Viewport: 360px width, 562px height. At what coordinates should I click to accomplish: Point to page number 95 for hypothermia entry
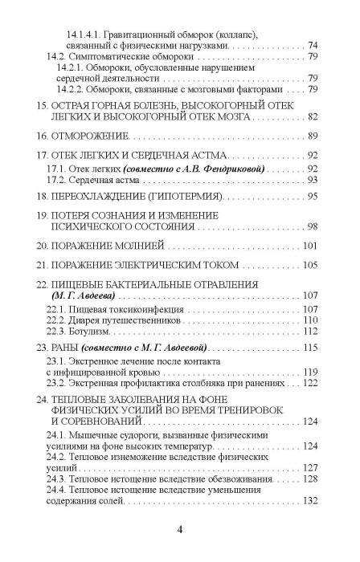coord(313,195)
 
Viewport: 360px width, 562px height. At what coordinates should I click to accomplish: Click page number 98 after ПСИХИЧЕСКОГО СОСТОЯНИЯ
coord(313,228)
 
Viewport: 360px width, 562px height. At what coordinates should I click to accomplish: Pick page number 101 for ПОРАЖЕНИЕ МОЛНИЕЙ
coord(311,244)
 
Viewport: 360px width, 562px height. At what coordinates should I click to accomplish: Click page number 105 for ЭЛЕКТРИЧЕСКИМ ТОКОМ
coord(311,265)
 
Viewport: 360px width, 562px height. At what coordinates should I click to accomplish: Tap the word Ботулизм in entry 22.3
coord(96,330)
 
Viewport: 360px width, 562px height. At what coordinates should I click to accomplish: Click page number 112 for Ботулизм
coord(311,330)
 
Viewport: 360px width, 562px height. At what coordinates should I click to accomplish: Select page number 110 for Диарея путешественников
coord(311,319)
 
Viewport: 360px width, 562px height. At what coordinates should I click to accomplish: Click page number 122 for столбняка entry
coord(311,384)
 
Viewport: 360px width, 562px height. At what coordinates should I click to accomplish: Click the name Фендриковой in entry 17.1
coord(236,169)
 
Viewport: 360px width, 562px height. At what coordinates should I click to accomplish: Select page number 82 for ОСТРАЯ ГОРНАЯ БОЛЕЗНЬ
coord(313,116)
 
